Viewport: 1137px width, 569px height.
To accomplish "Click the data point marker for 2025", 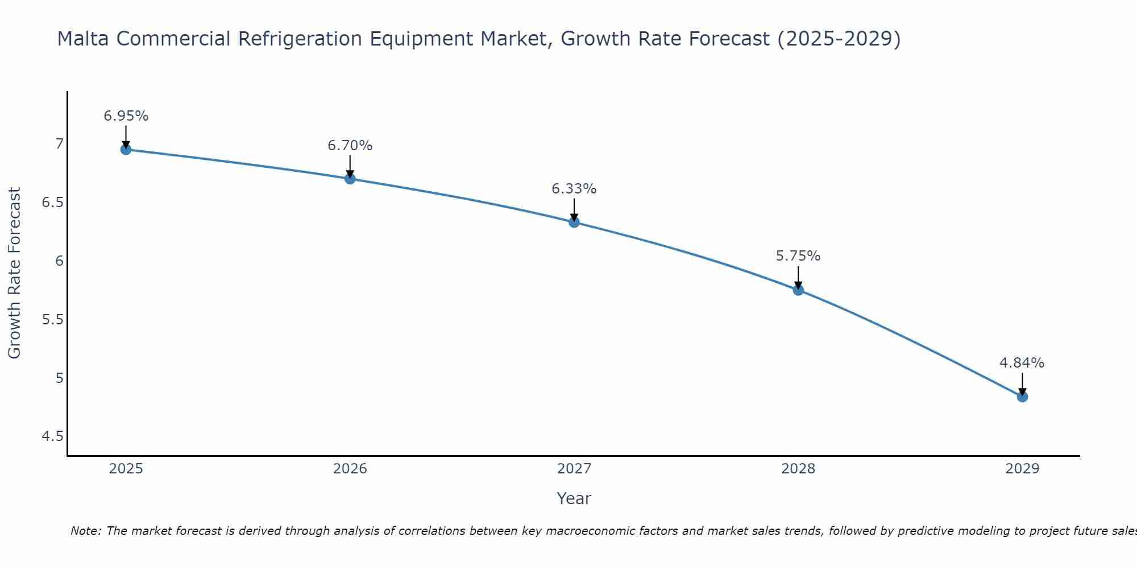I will pyautogui.click(x=126, y=150).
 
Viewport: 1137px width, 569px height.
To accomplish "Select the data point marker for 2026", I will pyautogui.click(x=350, y=179).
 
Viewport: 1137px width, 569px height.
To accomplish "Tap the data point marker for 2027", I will pyautogui.click(x=574, y=222).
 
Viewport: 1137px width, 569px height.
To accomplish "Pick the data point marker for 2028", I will pyautogui.click(x=798, y=290).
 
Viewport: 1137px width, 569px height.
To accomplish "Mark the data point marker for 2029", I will pyautogui.click(x=1022, y=397).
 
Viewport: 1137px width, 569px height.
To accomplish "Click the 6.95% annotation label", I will pyautogui.click(x=126, y=116).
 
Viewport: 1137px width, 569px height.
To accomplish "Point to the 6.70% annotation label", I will pyautogui.click(x=350, y=146).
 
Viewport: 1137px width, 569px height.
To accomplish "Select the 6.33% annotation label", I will pyautogui.click(x=574, y=189).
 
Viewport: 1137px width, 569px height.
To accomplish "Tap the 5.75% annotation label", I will pyautogui.click(x=798, y=256).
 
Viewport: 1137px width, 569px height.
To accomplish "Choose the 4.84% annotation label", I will pyautogui.click(x=1022, y=363).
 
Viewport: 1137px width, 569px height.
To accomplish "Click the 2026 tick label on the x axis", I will pyautogui.click(x=350, y=469).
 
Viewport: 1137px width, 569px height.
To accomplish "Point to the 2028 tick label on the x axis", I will pyautogui.click(x=798, y=469).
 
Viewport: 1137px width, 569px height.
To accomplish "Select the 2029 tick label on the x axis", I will pyautogui.click(x=1022, y=469).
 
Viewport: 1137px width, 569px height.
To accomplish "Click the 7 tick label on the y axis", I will pyautogui.click(x=59, y=144).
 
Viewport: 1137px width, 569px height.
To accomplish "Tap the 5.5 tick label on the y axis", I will pyautogui.click(x=52, y=320).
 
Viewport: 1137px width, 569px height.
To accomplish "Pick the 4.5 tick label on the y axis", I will pyautogui.click(x=52, y=436).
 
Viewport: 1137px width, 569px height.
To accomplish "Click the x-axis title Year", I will pyautogui.click(x=574, y=498).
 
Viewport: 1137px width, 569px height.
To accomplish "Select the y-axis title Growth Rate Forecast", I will pyautogui.click(x=14, y=273).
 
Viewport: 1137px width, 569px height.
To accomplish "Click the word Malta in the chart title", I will pyautogui.click(x=84, y=39).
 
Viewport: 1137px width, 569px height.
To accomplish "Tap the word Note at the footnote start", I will pyautogui.click(x=85, y=531).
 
